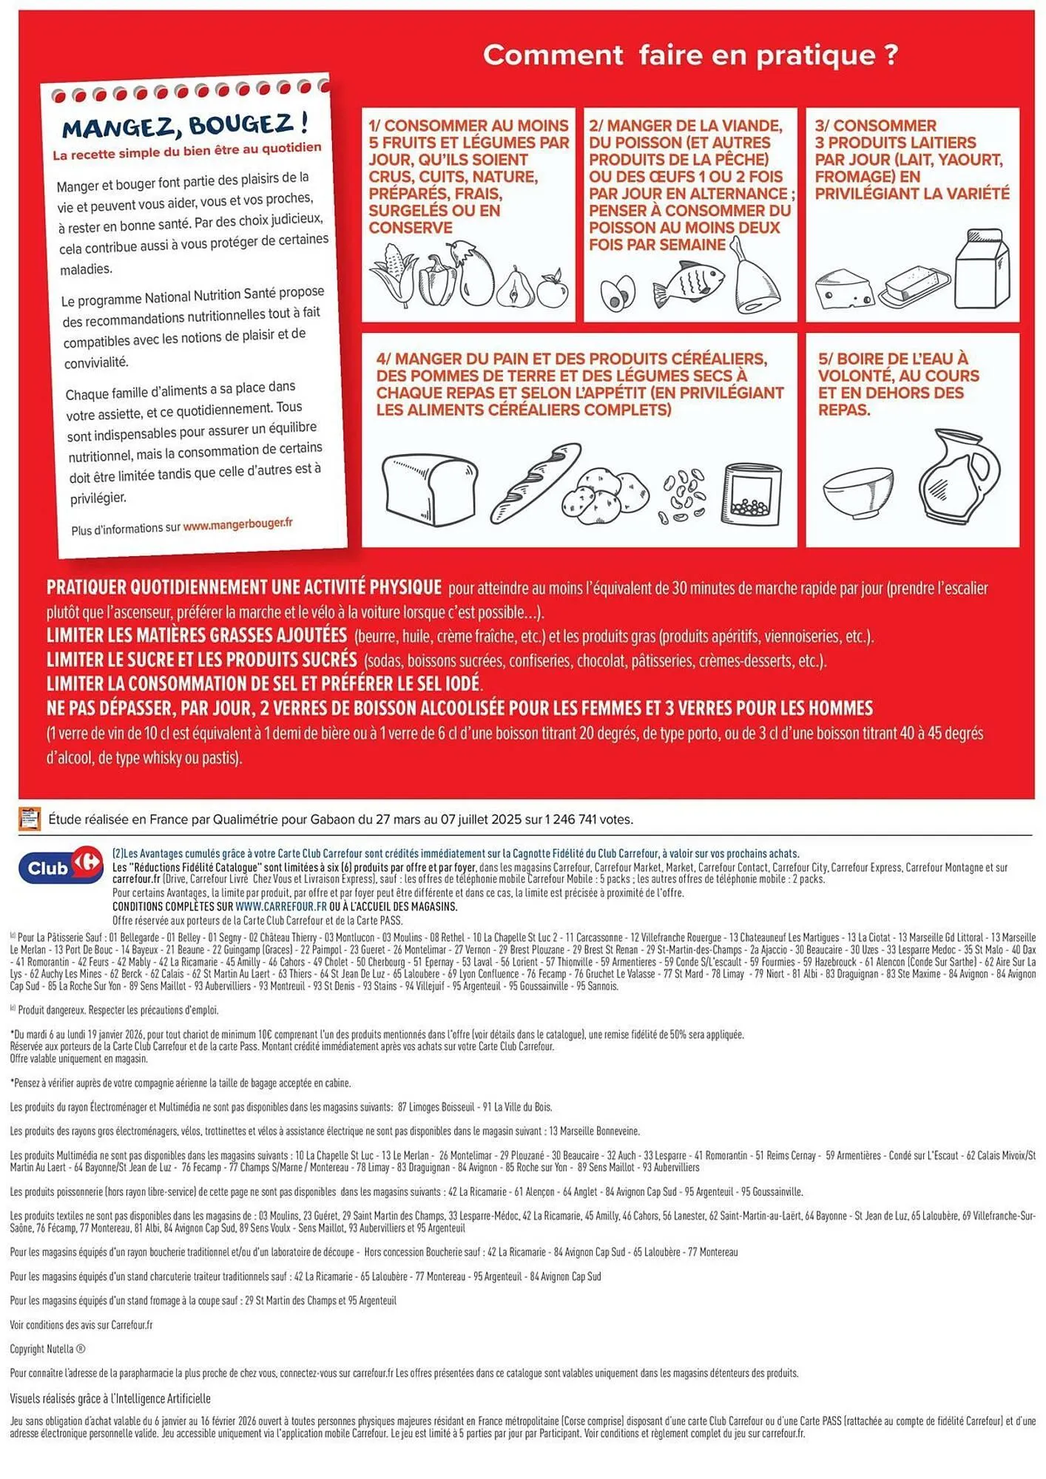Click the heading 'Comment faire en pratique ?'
690,55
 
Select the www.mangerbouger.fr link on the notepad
237,524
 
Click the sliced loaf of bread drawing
429,489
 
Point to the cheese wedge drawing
844,289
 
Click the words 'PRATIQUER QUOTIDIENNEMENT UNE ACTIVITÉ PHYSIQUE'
243,587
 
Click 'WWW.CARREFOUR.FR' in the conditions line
281,906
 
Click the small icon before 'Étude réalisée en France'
30,819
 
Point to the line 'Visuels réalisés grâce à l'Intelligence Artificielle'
110,1398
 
